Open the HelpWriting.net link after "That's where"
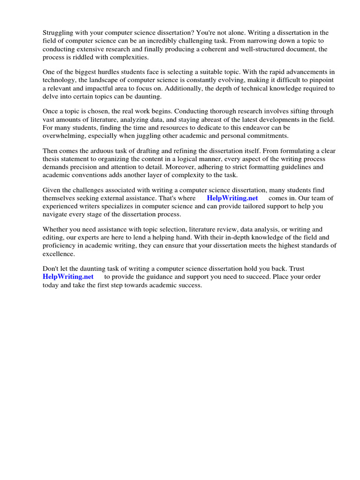(232, 198)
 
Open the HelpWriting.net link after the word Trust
(68, 277)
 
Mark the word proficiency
(60, 246)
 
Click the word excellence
(58, 254)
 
